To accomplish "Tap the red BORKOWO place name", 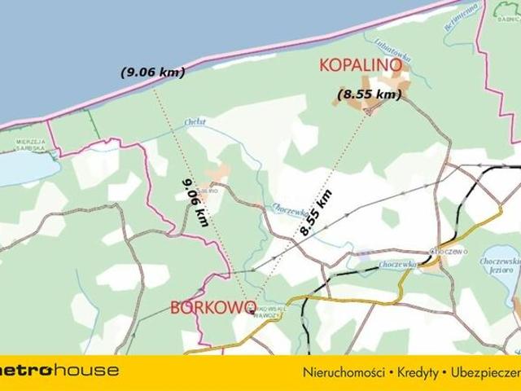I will [x=213, y=307].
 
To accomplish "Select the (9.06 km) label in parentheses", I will [x=152, y=72].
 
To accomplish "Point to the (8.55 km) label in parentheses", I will [x=370, y=94].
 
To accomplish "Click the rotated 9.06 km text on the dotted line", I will [x=195, y=202].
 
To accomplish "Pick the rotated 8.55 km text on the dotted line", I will [x=316, y=213].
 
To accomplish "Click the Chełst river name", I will [x=195, y=122].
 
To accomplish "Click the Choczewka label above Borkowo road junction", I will [x=396, y=265].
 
